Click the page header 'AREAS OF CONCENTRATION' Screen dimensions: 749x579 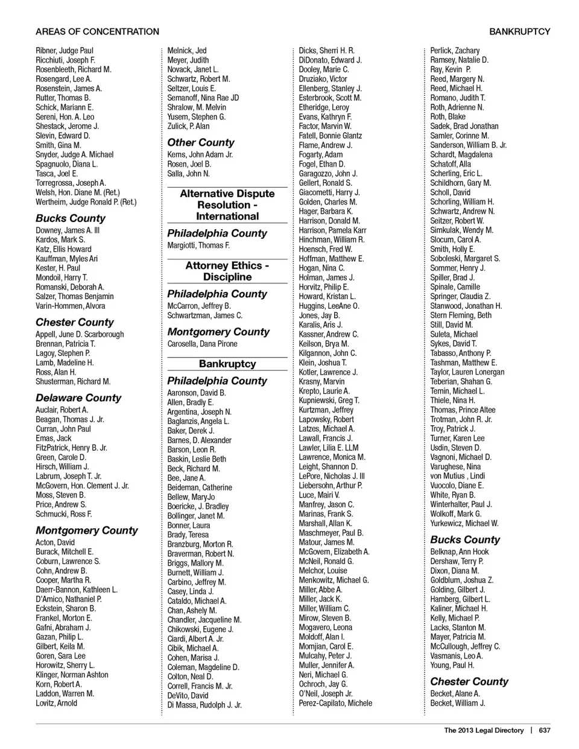pyautogui.click(x=97, y=31)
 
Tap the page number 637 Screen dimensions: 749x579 pyautogui.click(x=545, y=730)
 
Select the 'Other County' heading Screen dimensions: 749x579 pyautogui.click(x=201, y=143)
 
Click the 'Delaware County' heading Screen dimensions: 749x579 pyautogui.click(x=78, y=398)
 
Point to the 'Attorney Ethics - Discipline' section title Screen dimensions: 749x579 pyautogui.click(x=227, y=271)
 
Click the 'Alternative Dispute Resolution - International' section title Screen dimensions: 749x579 pyautogui.click(x=227, y=205)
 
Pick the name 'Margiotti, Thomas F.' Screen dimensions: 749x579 pyautogui.click(x=198, y=245)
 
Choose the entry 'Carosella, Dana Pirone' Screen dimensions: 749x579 pyautogui.click(x=202, y=344)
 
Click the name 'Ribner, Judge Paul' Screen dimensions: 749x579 pyautogui.click(x=65, y=51)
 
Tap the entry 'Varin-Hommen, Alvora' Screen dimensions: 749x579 pyautogui.click(x=70, y=306)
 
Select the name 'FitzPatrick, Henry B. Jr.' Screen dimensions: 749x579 pyautogui.click(x=71, y=448)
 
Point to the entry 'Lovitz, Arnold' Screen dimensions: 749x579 pyautogui.click(x=56, y=703)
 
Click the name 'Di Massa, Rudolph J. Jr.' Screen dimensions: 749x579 pyautogui.click(x=204, y=705)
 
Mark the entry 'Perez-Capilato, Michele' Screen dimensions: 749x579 pyautogui.click(x=335, y=703)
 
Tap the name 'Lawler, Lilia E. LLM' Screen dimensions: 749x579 pyautogui.click(x=329, y=448)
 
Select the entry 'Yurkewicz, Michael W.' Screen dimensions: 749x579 pyautogui.click(x=464, y=523)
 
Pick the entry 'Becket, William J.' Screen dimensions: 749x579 pyautogui.click(x=457, y=703)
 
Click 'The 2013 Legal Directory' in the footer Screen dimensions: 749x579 pyautogui.click(x=484, y=730)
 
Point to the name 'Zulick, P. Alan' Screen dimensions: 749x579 pyautogui.click(x=188, y=126)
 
